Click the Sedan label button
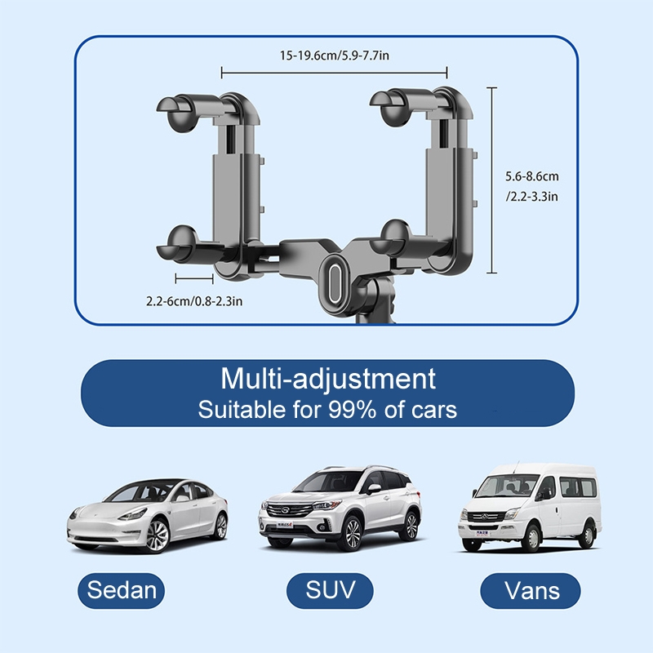[x=121, y=590]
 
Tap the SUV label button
[x=330, y=590]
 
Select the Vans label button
[x=530, y=590]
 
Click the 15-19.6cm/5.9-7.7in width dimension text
[x=335, y=56]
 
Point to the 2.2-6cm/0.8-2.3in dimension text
[x=194, y=300]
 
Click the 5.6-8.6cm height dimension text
[x=532, y=176]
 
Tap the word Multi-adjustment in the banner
[x=328, y=379]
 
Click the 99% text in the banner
[x=353, y=410]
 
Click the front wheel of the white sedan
[x=158, y=536]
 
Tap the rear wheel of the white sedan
[x=221, y=526]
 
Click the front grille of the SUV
[x=289, y=509]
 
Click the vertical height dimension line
[x=492, y=180]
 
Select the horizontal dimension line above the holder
[x=334, y=73]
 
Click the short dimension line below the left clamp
[x=194, y=278]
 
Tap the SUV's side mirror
[x=374, y=488]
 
